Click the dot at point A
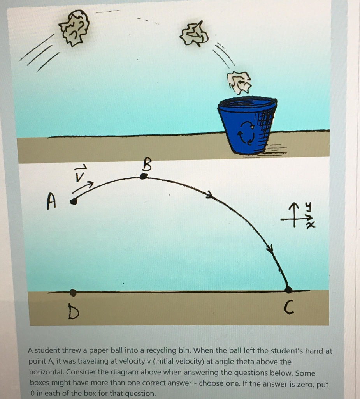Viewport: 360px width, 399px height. [x=73, y=202]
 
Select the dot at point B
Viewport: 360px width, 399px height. [x=144, y=177]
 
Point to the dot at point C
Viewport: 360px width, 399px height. [x=288, y=290]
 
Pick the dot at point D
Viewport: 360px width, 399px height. [x=73, y=292]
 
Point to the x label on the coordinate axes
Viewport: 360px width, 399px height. [x=310, y=225]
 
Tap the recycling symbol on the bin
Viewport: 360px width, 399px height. [x=248, y=132]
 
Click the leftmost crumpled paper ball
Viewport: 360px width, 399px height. [x=74, y=28]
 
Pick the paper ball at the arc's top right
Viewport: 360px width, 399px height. [x=194, y=34]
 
